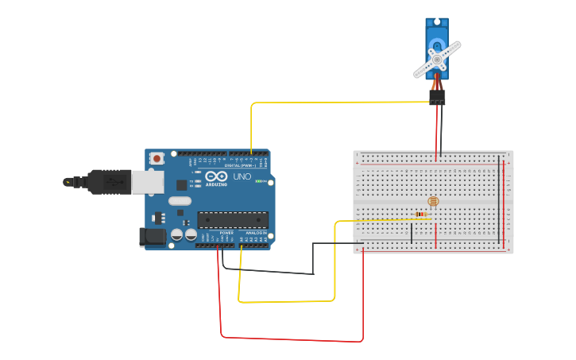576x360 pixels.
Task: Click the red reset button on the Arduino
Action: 157,158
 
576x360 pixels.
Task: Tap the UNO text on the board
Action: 242,176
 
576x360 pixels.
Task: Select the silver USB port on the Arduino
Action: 148,183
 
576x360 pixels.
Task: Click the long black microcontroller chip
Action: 232,219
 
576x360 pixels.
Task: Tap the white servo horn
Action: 437,59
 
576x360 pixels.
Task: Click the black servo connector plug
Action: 437,97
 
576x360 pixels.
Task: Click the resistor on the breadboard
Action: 422,214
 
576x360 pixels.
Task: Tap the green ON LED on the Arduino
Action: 259,181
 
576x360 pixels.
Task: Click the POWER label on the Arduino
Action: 226,232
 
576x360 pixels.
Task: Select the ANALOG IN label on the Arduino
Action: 256,232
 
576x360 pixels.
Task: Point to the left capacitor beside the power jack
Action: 178,234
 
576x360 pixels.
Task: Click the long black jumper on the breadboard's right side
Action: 499,199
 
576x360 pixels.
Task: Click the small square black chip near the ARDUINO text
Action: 182,185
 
